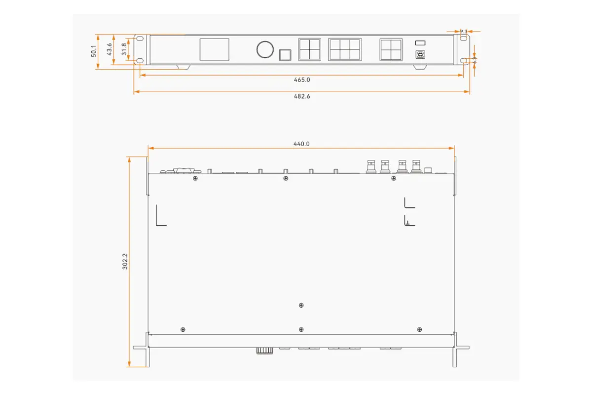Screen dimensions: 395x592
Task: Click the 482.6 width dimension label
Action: point(301,96)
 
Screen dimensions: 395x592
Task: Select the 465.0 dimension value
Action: point(301,79)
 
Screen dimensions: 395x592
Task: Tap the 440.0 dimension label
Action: point(301,144)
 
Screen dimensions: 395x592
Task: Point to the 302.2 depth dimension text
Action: point(125,262)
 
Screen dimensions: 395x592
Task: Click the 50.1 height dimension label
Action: point(94,51)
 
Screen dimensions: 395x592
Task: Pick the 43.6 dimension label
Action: point(110,49)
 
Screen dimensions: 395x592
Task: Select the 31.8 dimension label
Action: point(124,49)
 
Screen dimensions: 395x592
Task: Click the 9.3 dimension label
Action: point(463,31)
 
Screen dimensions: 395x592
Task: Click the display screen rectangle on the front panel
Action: point(214,50)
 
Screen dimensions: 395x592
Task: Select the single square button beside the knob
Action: point(285,54)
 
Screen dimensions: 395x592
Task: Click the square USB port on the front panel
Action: point(420,54)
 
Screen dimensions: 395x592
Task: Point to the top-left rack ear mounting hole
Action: point(140,38)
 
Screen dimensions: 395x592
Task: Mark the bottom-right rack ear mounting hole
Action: point(463,61)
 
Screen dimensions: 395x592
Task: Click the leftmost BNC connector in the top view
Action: point(370,166)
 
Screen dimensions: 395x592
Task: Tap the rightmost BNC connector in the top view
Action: point(416,166)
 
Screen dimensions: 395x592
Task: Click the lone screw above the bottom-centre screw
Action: point(301,305)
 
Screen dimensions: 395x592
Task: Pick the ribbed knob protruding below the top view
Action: point(264,351)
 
